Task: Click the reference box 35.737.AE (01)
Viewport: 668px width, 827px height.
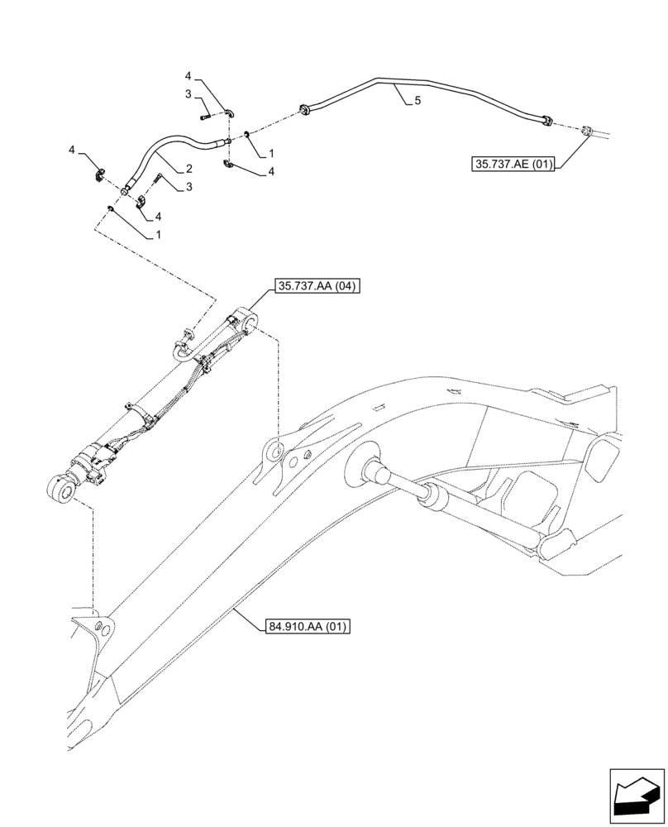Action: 515,163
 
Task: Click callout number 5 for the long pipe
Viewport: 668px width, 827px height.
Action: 417,100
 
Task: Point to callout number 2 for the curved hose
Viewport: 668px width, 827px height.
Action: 188,167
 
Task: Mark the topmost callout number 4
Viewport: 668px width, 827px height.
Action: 188,76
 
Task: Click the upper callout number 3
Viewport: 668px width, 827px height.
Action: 188,93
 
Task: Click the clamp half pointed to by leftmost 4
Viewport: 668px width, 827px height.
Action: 100,174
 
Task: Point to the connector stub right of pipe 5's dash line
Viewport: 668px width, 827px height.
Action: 587,131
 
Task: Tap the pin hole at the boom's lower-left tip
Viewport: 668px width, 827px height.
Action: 106,629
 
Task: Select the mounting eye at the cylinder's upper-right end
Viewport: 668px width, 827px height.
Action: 245,318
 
